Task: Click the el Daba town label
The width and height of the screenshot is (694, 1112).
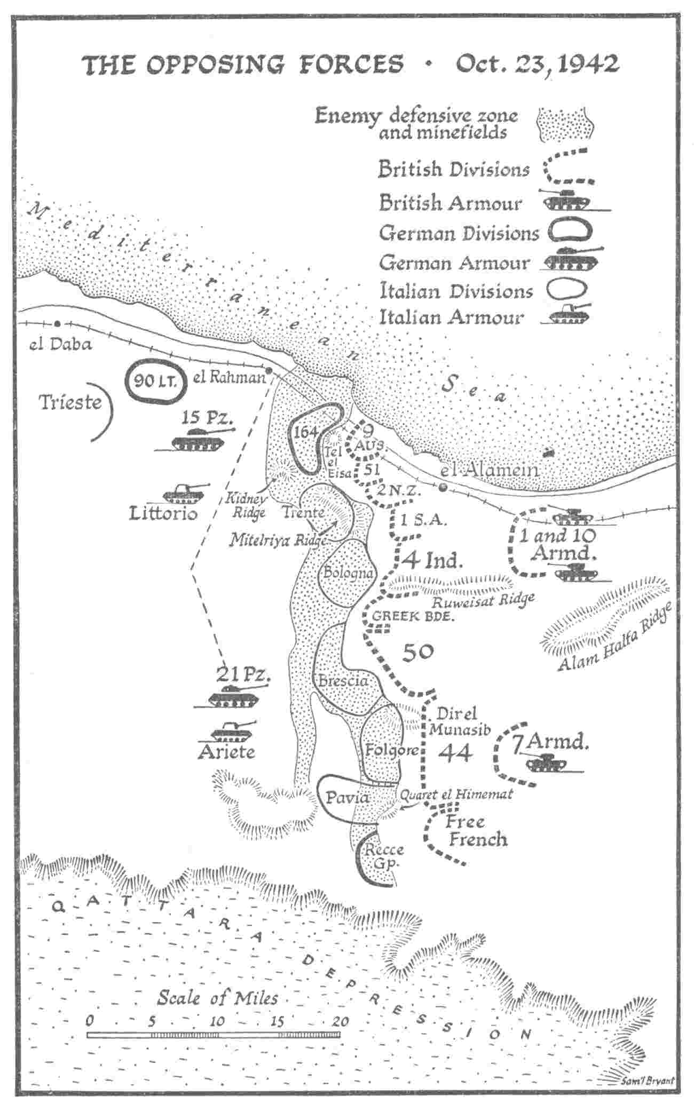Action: click(60, 344)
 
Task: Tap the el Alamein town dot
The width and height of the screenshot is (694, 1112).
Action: click(443, 487)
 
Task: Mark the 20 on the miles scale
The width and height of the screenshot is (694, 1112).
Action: click(339, 1021)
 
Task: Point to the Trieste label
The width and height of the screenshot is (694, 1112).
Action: click(70, 402)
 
